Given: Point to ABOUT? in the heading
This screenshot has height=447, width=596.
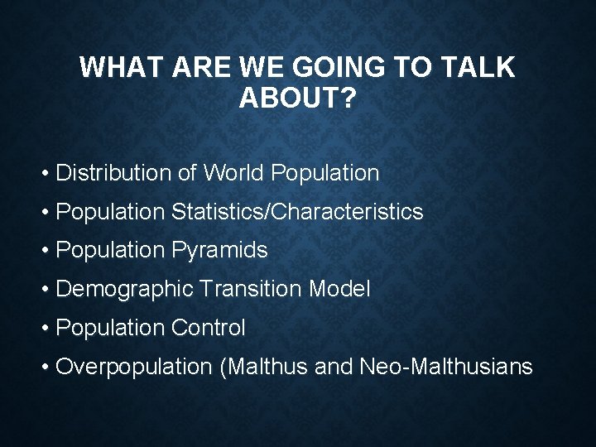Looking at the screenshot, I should pos(297,99).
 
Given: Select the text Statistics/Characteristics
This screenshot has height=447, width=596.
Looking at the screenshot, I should pos(297,212).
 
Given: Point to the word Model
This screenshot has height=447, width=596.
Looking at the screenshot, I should pos(339,290).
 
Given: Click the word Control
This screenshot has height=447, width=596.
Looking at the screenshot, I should pos(209,329).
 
